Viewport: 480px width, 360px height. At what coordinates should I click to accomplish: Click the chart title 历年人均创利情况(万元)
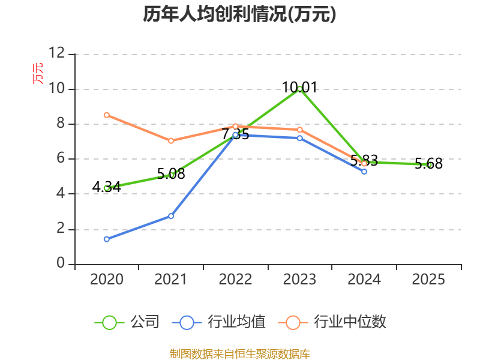click(x=239, y=14)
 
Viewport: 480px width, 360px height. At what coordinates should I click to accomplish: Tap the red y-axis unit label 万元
click(x=38, y=73)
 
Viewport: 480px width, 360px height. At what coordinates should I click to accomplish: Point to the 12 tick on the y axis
click(x=57, y=53)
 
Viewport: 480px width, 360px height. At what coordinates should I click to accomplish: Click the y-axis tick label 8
click(x=61, y=123)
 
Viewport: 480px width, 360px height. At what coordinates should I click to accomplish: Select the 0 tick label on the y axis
click(x=61, y=263)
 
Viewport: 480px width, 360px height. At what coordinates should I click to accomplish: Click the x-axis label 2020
click(x=107, y=279)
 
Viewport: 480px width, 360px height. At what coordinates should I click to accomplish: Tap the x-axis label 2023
click(x=299, y=279)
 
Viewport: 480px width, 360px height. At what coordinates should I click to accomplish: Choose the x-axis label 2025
click(x=428, y=279)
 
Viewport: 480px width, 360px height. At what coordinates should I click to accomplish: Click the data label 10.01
click(x=299, y=87)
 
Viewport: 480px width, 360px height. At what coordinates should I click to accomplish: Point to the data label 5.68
click(x=428, y=163)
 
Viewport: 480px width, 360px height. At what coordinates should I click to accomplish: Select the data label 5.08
click(x=171, y=174)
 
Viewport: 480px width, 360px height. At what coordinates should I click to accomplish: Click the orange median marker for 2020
click(x=107, y=115)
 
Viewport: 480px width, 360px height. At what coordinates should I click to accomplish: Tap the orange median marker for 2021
click(x=171, y=141)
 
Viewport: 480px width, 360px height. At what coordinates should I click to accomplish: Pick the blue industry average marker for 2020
click(x=107, y=239)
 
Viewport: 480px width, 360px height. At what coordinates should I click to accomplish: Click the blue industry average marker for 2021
click(x=171, y=216)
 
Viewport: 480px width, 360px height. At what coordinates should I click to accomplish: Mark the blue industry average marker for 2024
click(x=364, y=172)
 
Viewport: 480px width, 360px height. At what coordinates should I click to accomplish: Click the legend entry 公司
click(x=127, y=322)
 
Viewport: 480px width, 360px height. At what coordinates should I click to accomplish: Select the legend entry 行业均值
click(x=219, y=322)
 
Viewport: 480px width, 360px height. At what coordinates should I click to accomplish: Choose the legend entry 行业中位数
click(x=332, y=322)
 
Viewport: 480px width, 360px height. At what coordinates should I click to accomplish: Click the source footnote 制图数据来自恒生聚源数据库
click(x=240, y=354)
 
